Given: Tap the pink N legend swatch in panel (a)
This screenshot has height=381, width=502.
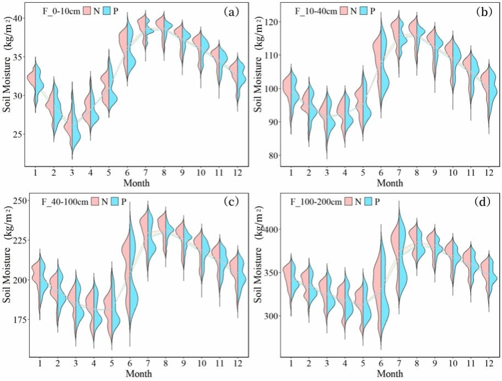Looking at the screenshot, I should point(89,10).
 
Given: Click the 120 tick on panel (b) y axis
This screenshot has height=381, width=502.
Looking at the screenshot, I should point(272,21).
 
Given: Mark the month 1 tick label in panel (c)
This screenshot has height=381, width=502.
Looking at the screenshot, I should point(41,364).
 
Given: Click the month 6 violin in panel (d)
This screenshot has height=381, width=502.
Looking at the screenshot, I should point(380,286).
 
